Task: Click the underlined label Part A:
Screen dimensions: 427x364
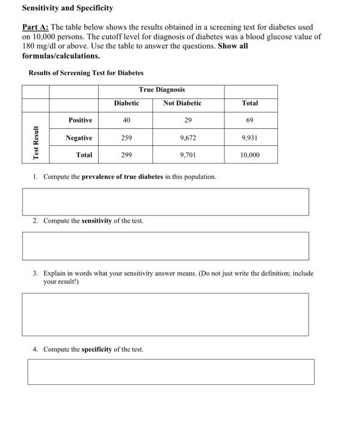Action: [35, 27]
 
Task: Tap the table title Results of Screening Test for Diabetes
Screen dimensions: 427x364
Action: [86, 73]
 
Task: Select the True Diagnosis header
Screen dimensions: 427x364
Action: [162, 90]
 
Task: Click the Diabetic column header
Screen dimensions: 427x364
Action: [126, 103]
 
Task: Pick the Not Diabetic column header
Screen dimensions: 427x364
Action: [182, 103]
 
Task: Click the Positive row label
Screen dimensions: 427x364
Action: [80, 120]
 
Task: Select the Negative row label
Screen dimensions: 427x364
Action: [79, 138]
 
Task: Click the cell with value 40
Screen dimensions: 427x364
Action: [126, 120]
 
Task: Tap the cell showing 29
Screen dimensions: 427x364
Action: [188, 120]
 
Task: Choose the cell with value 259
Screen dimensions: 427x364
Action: [126, 138]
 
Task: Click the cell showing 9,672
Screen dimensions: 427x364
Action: [188, 138]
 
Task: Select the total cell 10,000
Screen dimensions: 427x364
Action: [249, 155]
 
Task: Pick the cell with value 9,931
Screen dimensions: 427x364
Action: [249, 138]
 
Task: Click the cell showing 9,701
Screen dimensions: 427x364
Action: [188, 155]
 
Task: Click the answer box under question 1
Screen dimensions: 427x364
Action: [165, 201]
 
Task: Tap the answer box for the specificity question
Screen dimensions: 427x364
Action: [171, 371]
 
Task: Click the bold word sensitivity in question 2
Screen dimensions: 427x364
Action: [96, 221]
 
